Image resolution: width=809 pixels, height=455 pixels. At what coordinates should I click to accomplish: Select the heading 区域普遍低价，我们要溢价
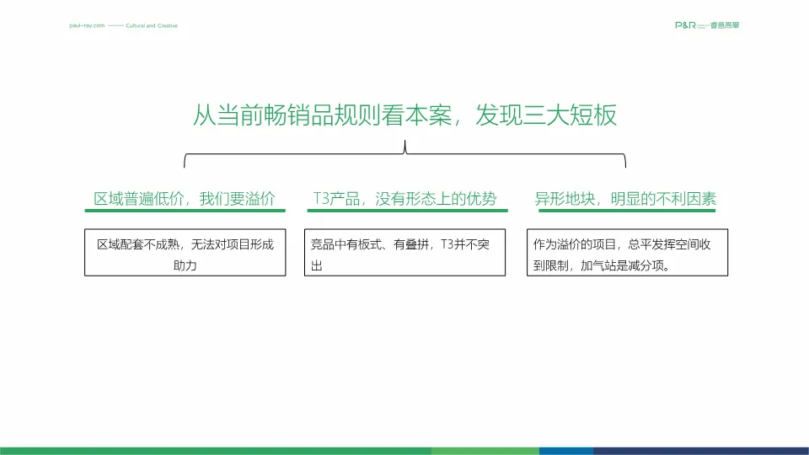[185, 200]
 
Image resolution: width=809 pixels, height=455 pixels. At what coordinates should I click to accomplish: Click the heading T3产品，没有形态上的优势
[404, 200]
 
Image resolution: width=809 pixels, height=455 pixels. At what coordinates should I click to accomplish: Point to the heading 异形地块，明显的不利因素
[626, 200]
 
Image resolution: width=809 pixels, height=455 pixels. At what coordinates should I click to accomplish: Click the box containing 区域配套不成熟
[185, 253]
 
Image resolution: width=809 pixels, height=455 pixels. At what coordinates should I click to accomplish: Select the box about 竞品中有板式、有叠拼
[404, 253]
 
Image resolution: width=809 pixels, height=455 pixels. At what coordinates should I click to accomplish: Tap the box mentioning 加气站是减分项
[627, 253]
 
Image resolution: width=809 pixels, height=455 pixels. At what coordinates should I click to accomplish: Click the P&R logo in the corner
[708, 25]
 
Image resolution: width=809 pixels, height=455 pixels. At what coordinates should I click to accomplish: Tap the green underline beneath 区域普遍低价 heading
[185, 211]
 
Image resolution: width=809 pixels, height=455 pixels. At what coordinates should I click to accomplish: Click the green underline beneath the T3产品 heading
[404, 211]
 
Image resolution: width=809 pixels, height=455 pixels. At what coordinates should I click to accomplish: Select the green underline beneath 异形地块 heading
[626, 211]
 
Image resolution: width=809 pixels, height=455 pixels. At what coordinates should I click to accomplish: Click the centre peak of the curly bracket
[405, 148]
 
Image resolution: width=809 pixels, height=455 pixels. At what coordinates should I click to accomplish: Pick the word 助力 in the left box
[185, 265]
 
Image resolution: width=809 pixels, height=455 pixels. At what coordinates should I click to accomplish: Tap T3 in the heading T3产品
[320, 200]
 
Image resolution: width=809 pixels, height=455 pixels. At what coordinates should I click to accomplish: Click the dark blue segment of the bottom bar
[699, 451]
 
